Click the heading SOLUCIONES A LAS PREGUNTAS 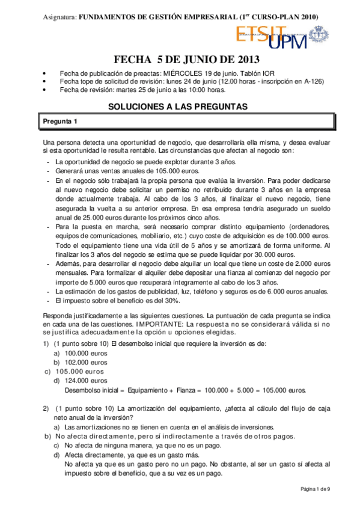[178, 106]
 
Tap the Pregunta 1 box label [61, 122]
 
